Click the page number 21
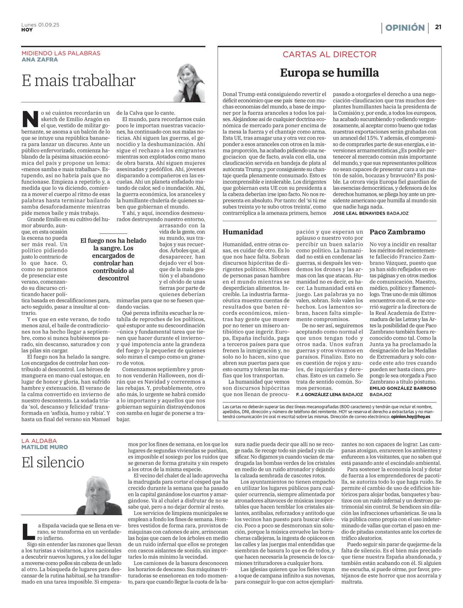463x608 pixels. tap(438, 27)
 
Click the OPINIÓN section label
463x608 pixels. tap(405, 28)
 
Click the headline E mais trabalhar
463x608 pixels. tap(78, 81)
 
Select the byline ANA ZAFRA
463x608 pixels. tap(40, 59)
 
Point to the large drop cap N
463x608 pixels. tap(30, 119)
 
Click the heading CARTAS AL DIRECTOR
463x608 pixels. tap(330, 54)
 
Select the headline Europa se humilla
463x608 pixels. tap(329, 73)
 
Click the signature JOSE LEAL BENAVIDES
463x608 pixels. tap(358, 213)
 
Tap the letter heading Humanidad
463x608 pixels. tap(243, 232)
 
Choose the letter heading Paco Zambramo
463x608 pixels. tap(397, 232)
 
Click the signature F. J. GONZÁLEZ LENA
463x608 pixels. tap(318, 395)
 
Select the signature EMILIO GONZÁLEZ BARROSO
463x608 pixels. tap(403, 388)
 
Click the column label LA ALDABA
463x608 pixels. tap(39, 441)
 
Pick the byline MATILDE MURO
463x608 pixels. tap(44, 447)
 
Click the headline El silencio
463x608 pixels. tap(53, 462)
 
